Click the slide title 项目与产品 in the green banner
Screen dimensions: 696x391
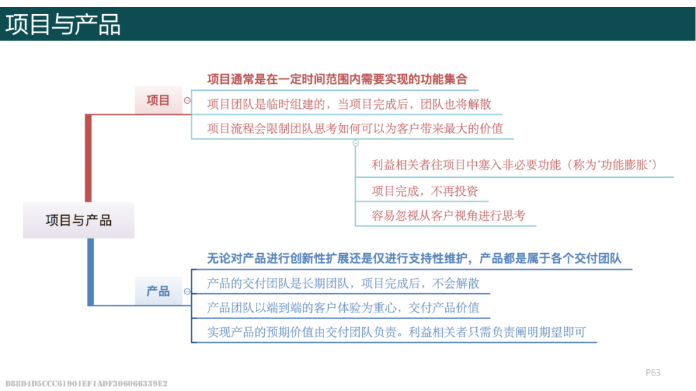tap(63, 24)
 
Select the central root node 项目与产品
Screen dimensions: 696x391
tap(79, 220)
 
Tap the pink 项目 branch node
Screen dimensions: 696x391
tap(159, 100)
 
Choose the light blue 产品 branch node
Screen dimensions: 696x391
tap(159, 291)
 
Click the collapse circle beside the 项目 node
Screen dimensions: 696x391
tap(188, 100)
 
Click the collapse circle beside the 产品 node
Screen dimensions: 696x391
tap(188, 291)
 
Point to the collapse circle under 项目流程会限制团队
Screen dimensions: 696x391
tap(356, 144)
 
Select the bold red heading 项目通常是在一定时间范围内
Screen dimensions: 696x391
tap(337, 79)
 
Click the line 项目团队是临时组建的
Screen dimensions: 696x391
tap(349, 104)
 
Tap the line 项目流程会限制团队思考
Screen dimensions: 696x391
tap(354, 129)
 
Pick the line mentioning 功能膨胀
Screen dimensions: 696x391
tap(514, 165)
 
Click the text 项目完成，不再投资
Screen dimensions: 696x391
tap(424, 191)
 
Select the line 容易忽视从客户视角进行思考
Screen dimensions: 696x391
tap(449, 216)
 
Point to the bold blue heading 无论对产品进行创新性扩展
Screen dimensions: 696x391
tap(414, 258)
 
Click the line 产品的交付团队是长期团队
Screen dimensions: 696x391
tap(343, 283)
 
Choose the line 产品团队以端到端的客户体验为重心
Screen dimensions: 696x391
tap(343, 307)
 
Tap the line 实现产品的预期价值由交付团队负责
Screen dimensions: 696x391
tap(396, 332)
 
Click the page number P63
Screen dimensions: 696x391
tap(653, 373)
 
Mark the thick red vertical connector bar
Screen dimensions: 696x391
tap(88, 158)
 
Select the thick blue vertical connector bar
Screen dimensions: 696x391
tap(91, 272)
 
